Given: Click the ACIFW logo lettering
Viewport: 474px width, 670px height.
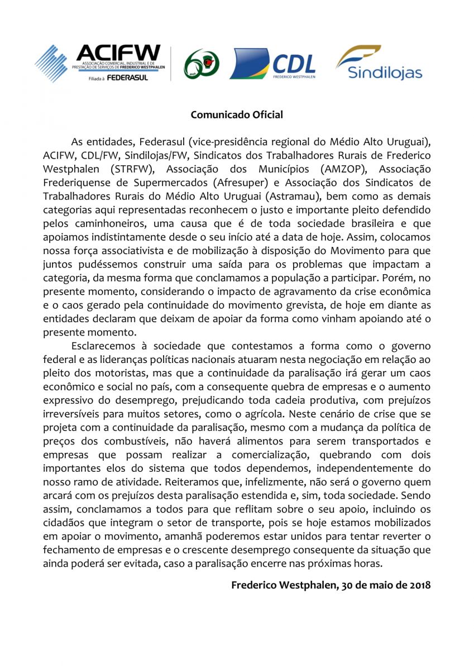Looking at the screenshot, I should click(x=118, y=53).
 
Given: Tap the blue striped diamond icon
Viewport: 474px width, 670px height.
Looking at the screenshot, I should click(x=51, y=62).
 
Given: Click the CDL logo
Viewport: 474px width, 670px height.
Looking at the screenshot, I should click(x=272, y=63).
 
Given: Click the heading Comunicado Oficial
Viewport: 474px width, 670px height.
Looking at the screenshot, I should click(x=237, y=115).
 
